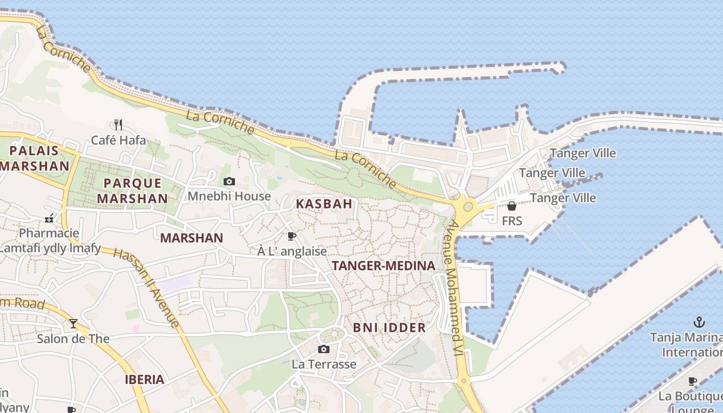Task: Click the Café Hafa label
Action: click(x=118, y=140)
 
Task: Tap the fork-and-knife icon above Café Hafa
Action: click(x=118, y=124)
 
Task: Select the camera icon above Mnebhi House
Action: click(x=229, y=181)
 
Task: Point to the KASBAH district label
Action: click(x=324, y=204)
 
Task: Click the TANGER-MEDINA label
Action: click(x=383, y=266)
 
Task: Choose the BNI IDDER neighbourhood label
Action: click(x=389, y=327)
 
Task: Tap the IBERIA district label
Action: click(x=145, y=379)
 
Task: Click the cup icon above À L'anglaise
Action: click(x=292, y=236)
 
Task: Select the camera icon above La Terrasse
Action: click(x=324, y=350)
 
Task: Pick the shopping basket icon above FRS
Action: click(x=512, y=206)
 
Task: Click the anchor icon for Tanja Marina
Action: click(x=699, y=323)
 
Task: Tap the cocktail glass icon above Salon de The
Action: click(x=73, y=324)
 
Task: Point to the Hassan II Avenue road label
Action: click(x=146, y=287)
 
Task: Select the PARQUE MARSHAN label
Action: click(x=132, y=190)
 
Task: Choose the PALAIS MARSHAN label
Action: click(x=35, y=158)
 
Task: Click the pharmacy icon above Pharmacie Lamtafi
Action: click(x=49, y=218)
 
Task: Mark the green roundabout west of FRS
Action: click(x=468, y=206)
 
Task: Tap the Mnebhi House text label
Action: click(x=229, y=196)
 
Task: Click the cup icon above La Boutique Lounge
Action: click(x=693, y=381)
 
